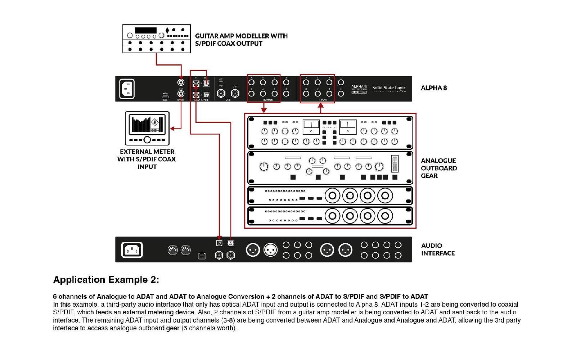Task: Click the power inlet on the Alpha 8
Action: pos(127,89)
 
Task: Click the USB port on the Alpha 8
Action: pos(165,96)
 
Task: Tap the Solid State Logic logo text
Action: pos(389,87)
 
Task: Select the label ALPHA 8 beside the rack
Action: pos(434,88)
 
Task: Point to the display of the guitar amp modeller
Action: pos(145,30)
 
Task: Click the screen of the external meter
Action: pos(147,125)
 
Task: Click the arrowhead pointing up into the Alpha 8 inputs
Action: pos(321,105)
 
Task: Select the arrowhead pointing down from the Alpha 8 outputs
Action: pos(264,110)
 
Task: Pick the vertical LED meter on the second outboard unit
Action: pos(395,163)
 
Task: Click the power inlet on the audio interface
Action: pos(132,250)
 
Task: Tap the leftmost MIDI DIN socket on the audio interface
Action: pos(173,250)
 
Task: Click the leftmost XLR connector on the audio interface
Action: pos(253,250)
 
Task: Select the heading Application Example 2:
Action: pos(106,280)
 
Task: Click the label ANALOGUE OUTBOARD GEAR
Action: pos(438,168)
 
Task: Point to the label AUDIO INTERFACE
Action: pos(437,249)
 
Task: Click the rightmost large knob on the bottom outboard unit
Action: pos(385,216)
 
